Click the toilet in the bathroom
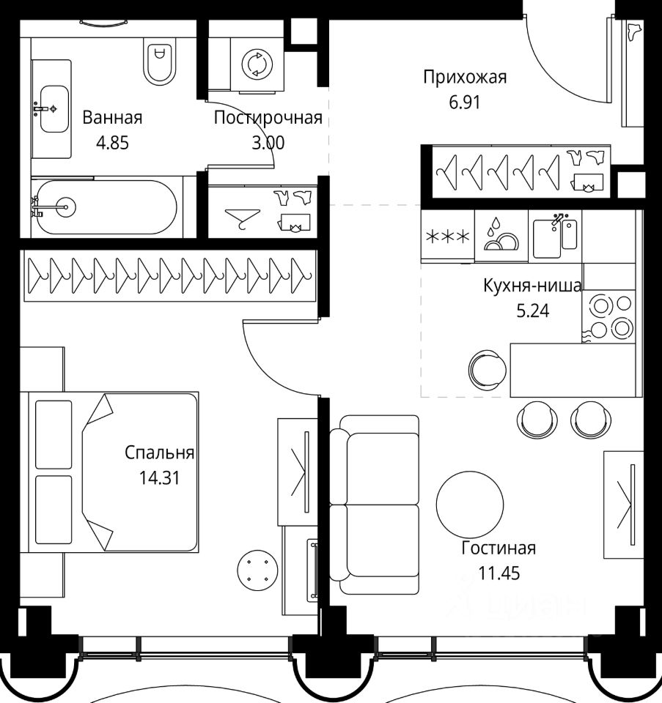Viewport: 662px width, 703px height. tap(160, 62)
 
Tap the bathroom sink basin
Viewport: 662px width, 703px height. tap(54, 109)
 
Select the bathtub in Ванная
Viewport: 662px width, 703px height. tap(107, 207)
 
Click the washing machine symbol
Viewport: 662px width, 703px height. tap(257, 64)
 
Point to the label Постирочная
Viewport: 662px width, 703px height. tap(268, 117)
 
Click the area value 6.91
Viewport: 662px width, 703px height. tap(465, 103)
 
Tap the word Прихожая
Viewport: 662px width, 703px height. tap(465, 77)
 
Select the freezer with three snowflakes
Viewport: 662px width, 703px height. tap(447, 237)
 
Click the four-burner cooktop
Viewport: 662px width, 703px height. tap(608, 316)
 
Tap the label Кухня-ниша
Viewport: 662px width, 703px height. tap(532, 285)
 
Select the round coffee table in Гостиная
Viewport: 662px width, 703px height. tap(470, 504)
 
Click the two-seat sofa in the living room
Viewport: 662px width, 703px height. tap(375, 505)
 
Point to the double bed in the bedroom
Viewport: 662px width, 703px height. tap(113, 472)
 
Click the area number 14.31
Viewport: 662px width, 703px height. tap(159, 478)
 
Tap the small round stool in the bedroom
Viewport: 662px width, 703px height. tap(257, 570)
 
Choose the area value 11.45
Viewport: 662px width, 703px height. tap(499, 573)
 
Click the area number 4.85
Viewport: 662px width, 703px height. tap(112, 143)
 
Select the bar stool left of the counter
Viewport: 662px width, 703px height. tap(488, 370)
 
